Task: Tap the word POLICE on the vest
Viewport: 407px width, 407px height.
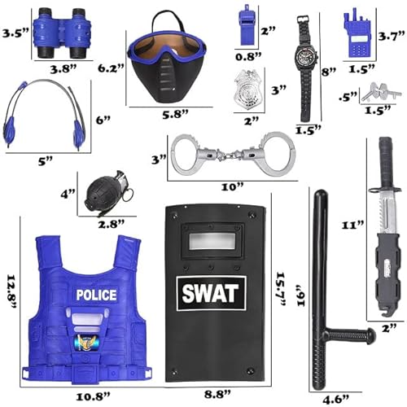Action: (x=95, y=293)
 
